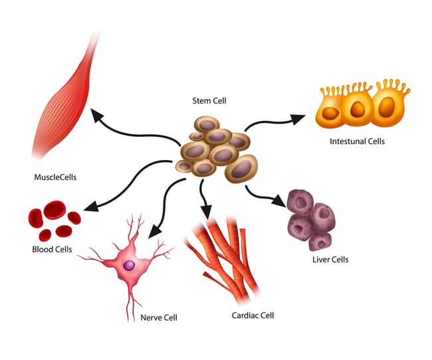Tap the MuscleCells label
(56, 177)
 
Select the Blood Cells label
(52, 250)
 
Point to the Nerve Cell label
(160, 317)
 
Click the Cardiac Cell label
(253, 315)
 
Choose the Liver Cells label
(330, 259)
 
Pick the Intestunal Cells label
(357, 141)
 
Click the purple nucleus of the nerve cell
(129, 265)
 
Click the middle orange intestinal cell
(356, 109)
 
